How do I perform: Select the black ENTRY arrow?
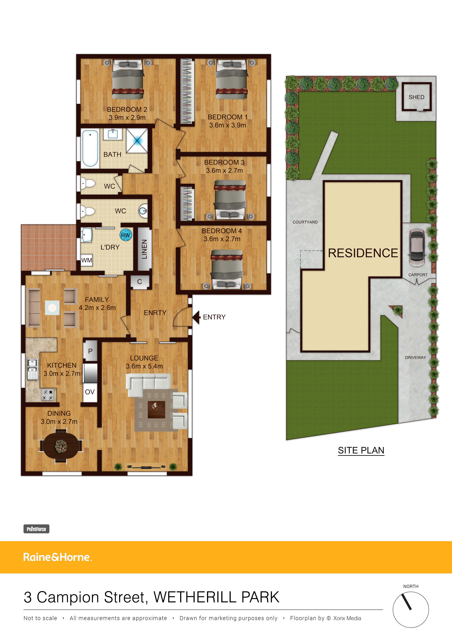click(x=196, y=317)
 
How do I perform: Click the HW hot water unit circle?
click(x=126, y=235)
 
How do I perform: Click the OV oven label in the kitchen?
click(x=90, y=392)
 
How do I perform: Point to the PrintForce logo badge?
click(x=36, y=529)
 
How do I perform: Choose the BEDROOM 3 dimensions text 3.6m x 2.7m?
click(x=224, y=170)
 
